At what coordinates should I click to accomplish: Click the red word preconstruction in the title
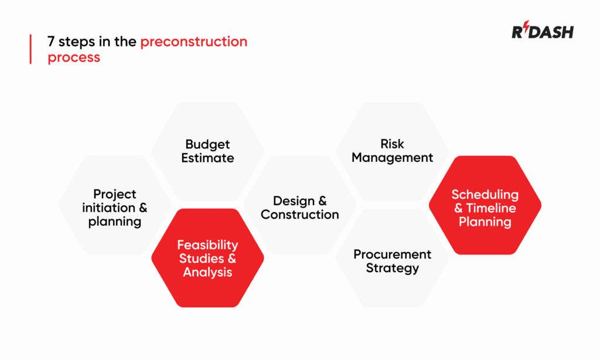pyautogui.click(x=193, y=42)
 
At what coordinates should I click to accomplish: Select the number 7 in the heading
pyautogui.click(x=52, y=42)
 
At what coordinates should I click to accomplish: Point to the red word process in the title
pyautogui.click(x=74, y=57)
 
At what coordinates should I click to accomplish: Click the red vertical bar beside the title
pyautogui.click(x=30, y=49)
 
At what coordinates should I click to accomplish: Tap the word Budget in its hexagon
pyautogui.click(x=207, y=144)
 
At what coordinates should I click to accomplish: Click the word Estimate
pyautogui.click(x=207, y=158)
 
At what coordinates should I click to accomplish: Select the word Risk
pyautogui.click(x=392, y=144)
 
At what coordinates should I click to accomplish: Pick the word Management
pyautogui.click(x=392, y=157)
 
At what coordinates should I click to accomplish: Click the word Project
pyautogui.click(x=115, y=194)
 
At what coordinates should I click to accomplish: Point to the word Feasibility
pyautogui.click(x=207, y=245)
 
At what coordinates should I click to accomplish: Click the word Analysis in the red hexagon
pyautogui.click(x=207, y=272)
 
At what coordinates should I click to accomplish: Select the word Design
pyautogui.click(x=291, y=201)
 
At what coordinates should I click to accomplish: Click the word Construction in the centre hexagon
pyautogui.click(x=299, y=215)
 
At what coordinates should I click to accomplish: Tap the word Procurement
pyautogui.click(x=392, y=254)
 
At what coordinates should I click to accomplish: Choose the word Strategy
pyautogui.click(x=392, y=268)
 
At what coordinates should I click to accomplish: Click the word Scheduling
pyautogui.click(x=485, y=195)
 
